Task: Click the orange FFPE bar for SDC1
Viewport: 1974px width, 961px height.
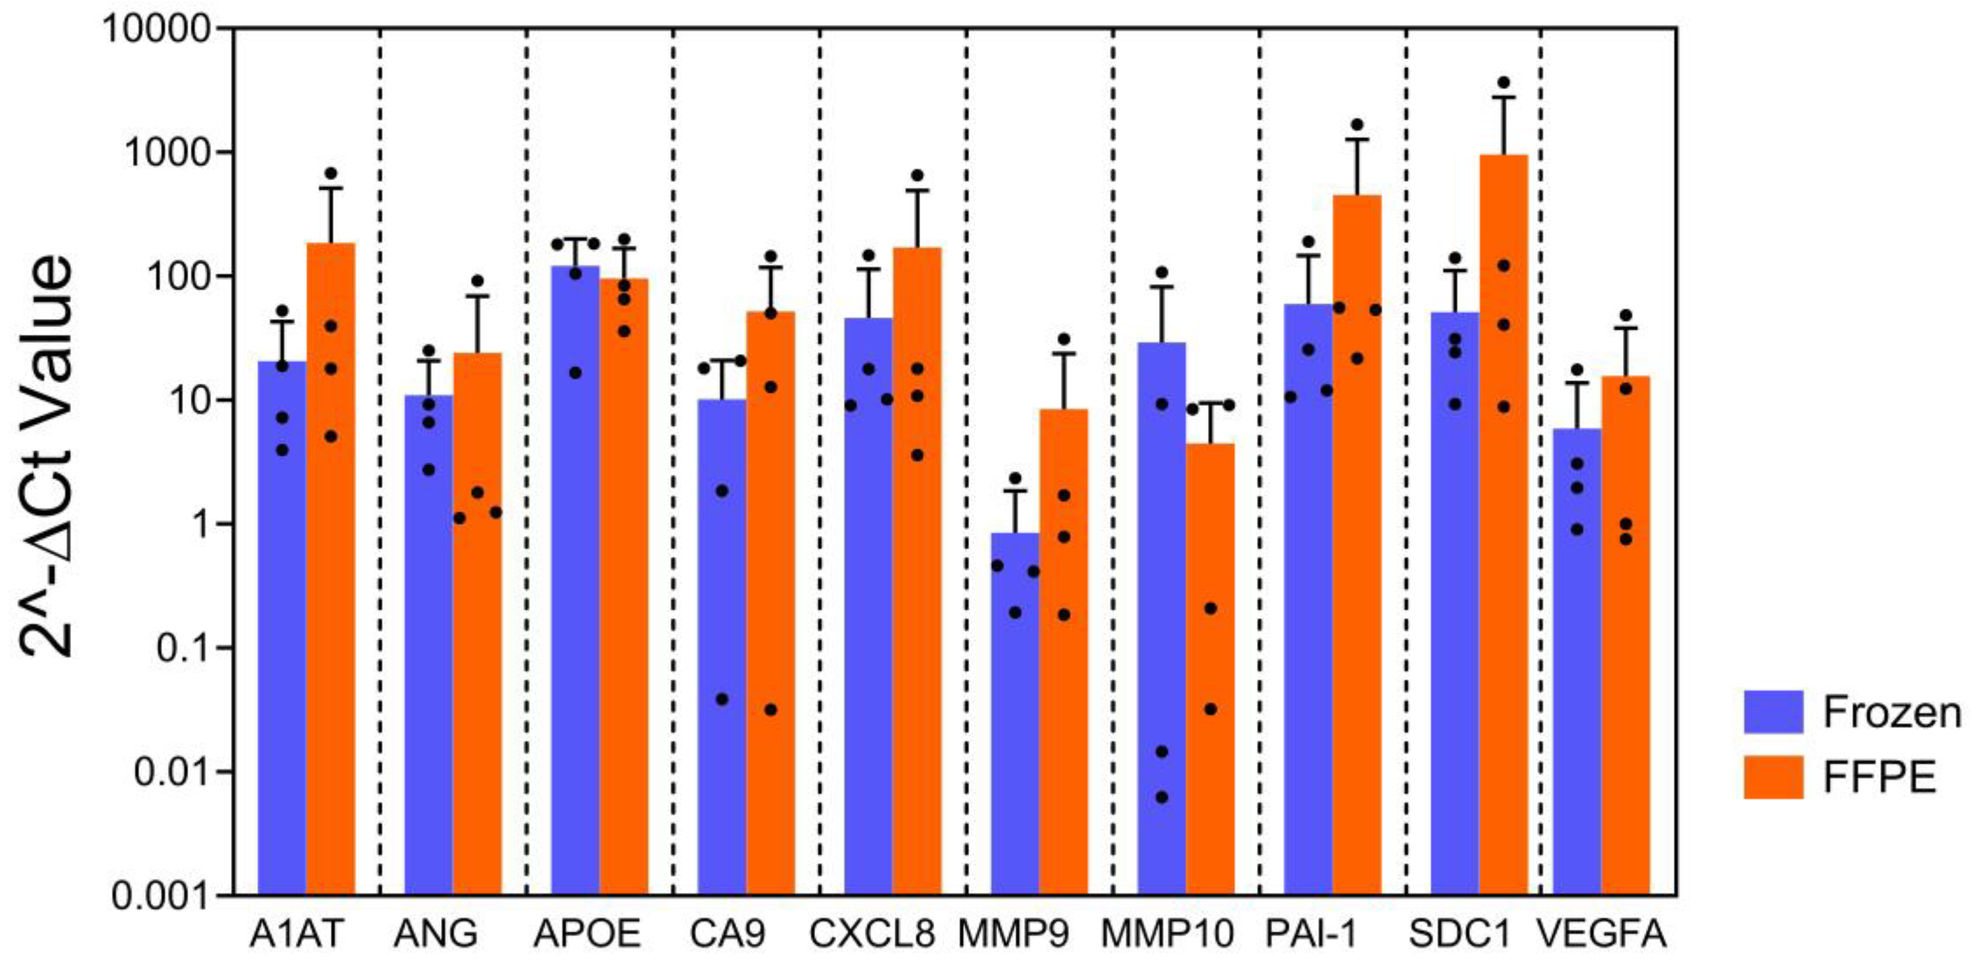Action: [x=1503, y=536]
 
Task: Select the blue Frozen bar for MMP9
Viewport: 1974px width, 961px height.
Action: [x=1015, y=713]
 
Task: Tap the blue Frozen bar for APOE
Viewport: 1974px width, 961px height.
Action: [x=575, y=583]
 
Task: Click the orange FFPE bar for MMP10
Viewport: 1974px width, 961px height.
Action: [x=1210, y=667]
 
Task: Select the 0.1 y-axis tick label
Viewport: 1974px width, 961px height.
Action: [x=183, y=648]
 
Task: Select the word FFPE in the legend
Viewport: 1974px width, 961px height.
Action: [x=1879, y=778]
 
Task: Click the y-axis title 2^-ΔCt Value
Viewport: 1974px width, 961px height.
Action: [x=46, y=457]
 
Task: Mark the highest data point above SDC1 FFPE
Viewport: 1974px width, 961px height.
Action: [x=1503, y=82]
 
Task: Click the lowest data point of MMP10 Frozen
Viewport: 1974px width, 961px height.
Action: [x=1162, y=797]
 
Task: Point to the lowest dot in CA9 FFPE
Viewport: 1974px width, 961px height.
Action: [x=771, y=710]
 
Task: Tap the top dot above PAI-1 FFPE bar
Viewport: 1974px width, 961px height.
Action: [x=1357, y=124]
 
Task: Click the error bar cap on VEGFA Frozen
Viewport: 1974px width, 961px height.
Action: [x=1577, y=383]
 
